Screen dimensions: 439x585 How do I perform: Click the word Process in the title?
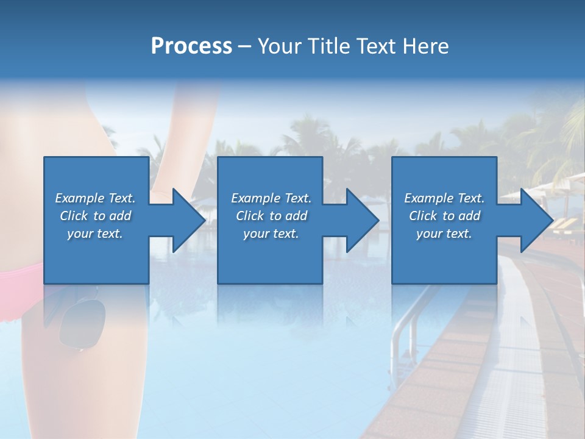pyautogui.click(x=191, y=46)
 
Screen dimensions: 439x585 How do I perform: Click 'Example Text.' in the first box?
pyautogui.click(x=95, y=198)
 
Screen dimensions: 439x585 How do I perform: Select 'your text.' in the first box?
pyautogui.click(x=95, y=234)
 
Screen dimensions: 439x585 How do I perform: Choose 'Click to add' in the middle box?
pyautogui.click(x=271, y=216)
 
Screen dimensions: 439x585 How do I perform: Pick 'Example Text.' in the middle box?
pyautogui.click(x=271, y=198)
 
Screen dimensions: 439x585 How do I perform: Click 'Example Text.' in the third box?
pyautogui.click(x=444, y=198)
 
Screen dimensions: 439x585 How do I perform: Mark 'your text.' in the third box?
pyautogui.click(x=444, y=234)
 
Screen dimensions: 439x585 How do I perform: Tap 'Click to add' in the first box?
pyautogui.click(x=95, y=216)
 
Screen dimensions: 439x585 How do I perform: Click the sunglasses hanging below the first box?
pyautogui.click(x=82, y=323)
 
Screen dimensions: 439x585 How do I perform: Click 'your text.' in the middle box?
pyautogui.click(x=271, y=234)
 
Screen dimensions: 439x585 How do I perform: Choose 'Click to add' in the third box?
pyautogui.click(x=444, y=216)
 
